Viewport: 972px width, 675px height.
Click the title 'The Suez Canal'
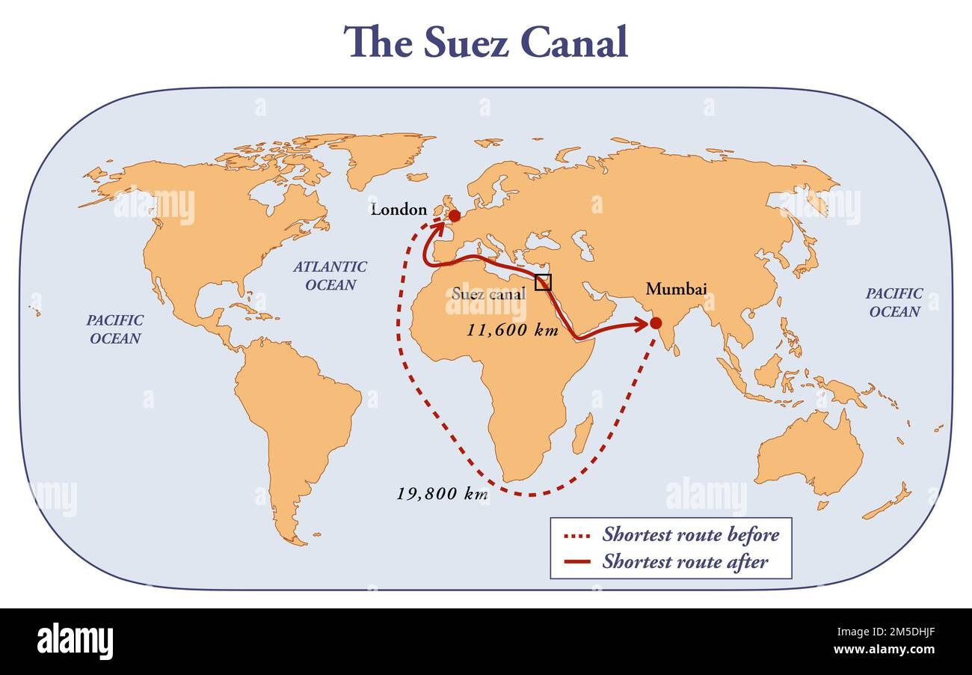point(485,42)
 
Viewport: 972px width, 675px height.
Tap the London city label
point(399,210)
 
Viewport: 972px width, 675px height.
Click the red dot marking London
point(454,216)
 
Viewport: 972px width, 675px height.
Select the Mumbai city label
point(676,288)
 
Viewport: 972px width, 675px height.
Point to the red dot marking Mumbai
point(656,323)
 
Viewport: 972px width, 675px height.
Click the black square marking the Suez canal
point(544,282)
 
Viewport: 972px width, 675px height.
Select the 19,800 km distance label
point(442,494)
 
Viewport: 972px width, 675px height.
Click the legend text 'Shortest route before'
point(690,535)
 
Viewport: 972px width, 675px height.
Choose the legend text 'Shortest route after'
point(684,561)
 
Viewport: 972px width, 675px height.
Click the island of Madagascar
point(583,433)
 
